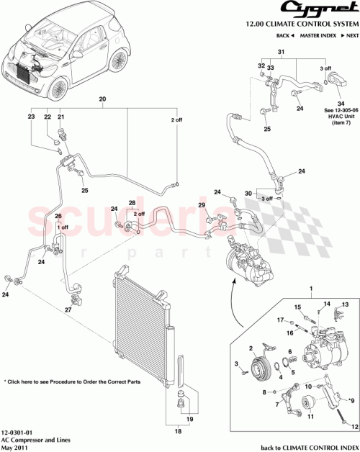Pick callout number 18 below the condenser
click(x=179, y=431)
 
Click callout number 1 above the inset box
click(x=310, y=289)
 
